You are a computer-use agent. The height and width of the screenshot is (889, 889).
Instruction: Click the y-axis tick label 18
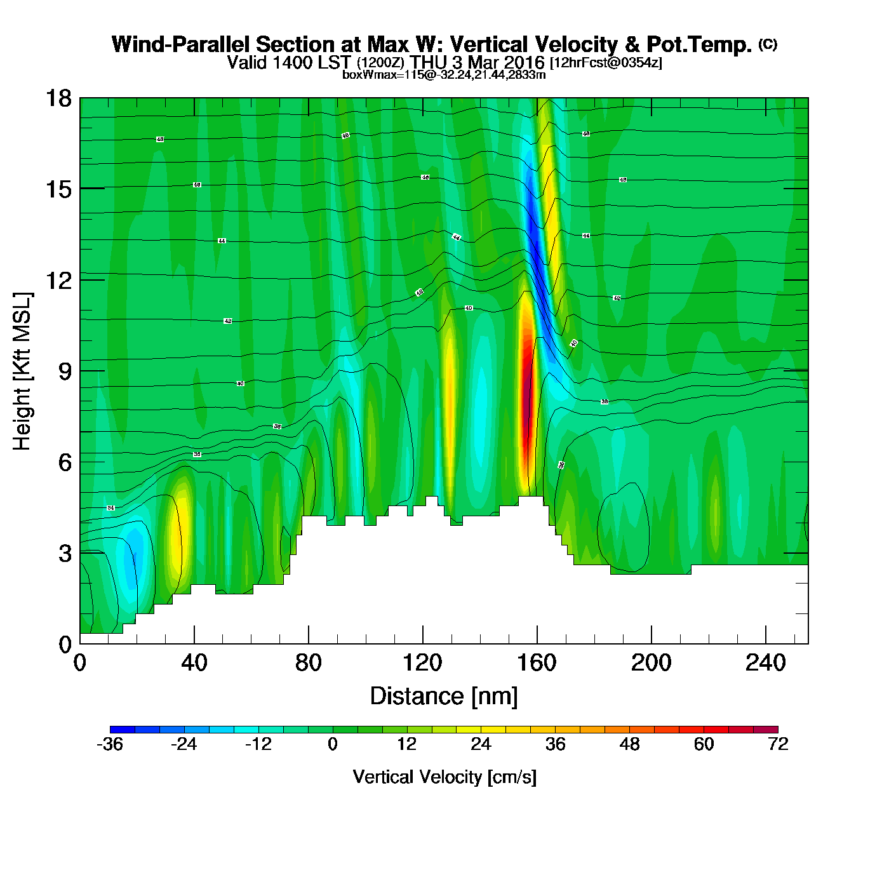(x=58, y=98)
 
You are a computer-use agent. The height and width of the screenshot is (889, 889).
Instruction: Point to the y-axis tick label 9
(x=65, y=371)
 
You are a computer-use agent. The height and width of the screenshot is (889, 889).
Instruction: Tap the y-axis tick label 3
(x=65, y=554)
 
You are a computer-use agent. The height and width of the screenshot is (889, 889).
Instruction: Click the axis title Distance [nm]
(x=444, y=697)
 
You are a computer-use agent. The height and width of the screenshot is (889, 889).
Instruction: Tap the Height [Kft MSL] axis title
(x=22, y=371)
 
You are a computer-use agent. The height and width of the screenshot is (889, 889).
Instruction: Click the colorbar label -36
(x=110, y=744)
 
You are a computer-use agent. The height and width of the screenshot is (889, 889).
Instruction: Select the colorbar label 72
(x=778, y=744)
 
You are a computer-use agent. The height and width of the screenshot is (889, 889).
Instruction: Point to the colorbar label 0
(x=333, y=744)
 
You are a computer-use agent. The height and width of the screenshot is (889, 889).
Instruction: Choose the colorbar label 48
(x=629, y=744)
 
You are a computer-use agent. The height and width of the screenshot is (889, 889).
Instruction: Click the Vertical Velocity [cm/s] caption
(x=444, y=777)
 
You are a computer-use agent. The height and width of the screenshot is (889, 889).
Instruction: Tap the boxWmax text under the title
(x=444, y=74)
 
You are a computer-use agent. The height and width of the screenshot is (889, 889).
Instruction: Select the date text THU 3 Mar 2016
(x=478, y=62)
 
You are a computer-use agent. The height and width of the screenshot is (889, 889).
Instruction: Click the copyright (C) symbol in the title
(x=768, y=44)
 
